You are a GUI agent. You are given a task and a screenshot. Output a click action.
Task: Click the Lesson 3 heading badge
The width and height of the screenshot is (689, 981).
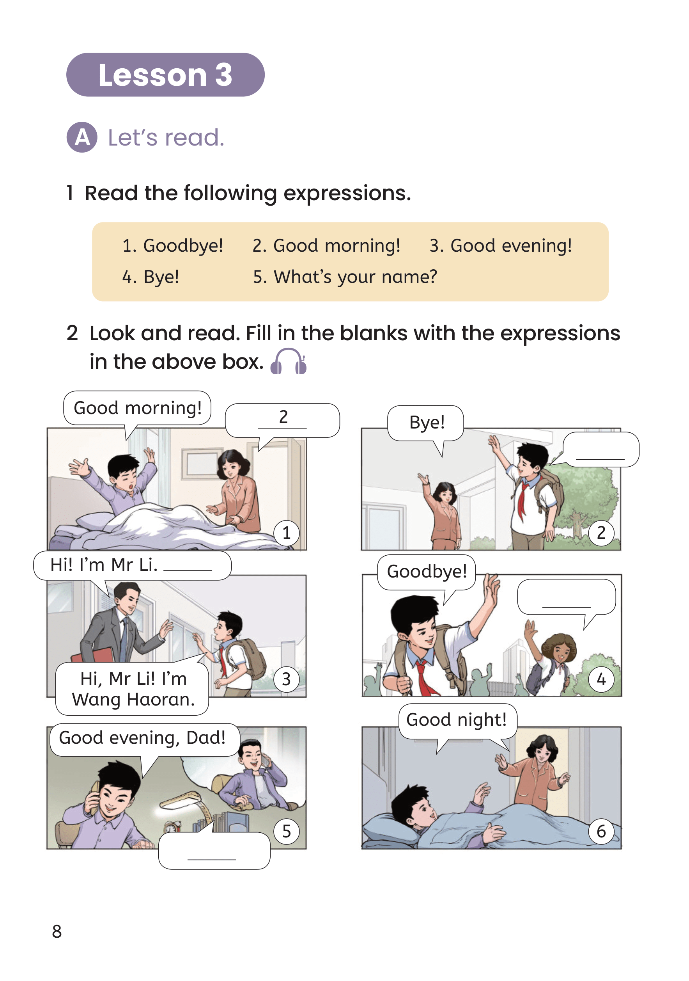165,75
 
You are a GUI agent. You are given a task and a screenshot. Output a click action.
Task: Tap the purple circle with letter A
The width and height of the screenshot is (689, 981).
82,137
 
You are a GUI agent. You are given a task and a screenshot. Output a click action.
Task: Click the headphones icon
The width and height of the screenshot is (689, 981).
289,361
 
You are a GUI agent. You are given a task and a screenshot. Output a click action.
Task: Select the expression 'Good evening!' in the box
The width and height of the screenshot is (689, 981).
511,246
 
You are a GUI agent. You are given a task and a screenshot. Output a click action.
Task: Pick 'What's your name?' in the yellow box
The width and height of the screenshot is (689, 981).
356,277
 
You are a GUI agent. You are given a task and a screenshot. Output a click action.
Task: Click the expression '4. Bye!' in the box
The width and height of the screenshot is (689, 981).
151,277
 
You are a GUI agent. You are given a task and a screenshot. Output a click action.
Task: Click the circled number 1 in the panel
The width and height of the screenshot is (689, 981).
287,533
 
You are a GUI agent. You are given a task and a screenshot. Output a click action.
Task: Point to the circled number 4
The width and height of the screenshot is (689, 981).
601,679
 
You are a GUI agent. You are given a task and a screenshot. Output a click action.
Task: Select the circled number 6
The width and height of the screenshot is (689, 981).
601,832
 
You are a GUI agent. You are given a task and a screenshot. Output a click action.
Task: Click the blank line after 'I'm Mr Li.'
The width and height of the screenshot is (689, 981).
188,570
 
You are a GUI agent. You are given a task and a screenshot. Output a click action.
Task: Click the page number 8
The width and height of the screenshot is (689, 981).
57,931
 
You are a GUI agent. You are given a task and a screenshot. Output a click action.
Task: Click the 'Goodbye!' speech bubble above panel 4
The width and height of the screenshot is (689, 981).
427,573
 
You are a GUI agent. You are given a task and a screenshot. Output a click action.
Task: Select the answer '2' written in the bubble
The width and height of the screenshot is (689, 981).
283,417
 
